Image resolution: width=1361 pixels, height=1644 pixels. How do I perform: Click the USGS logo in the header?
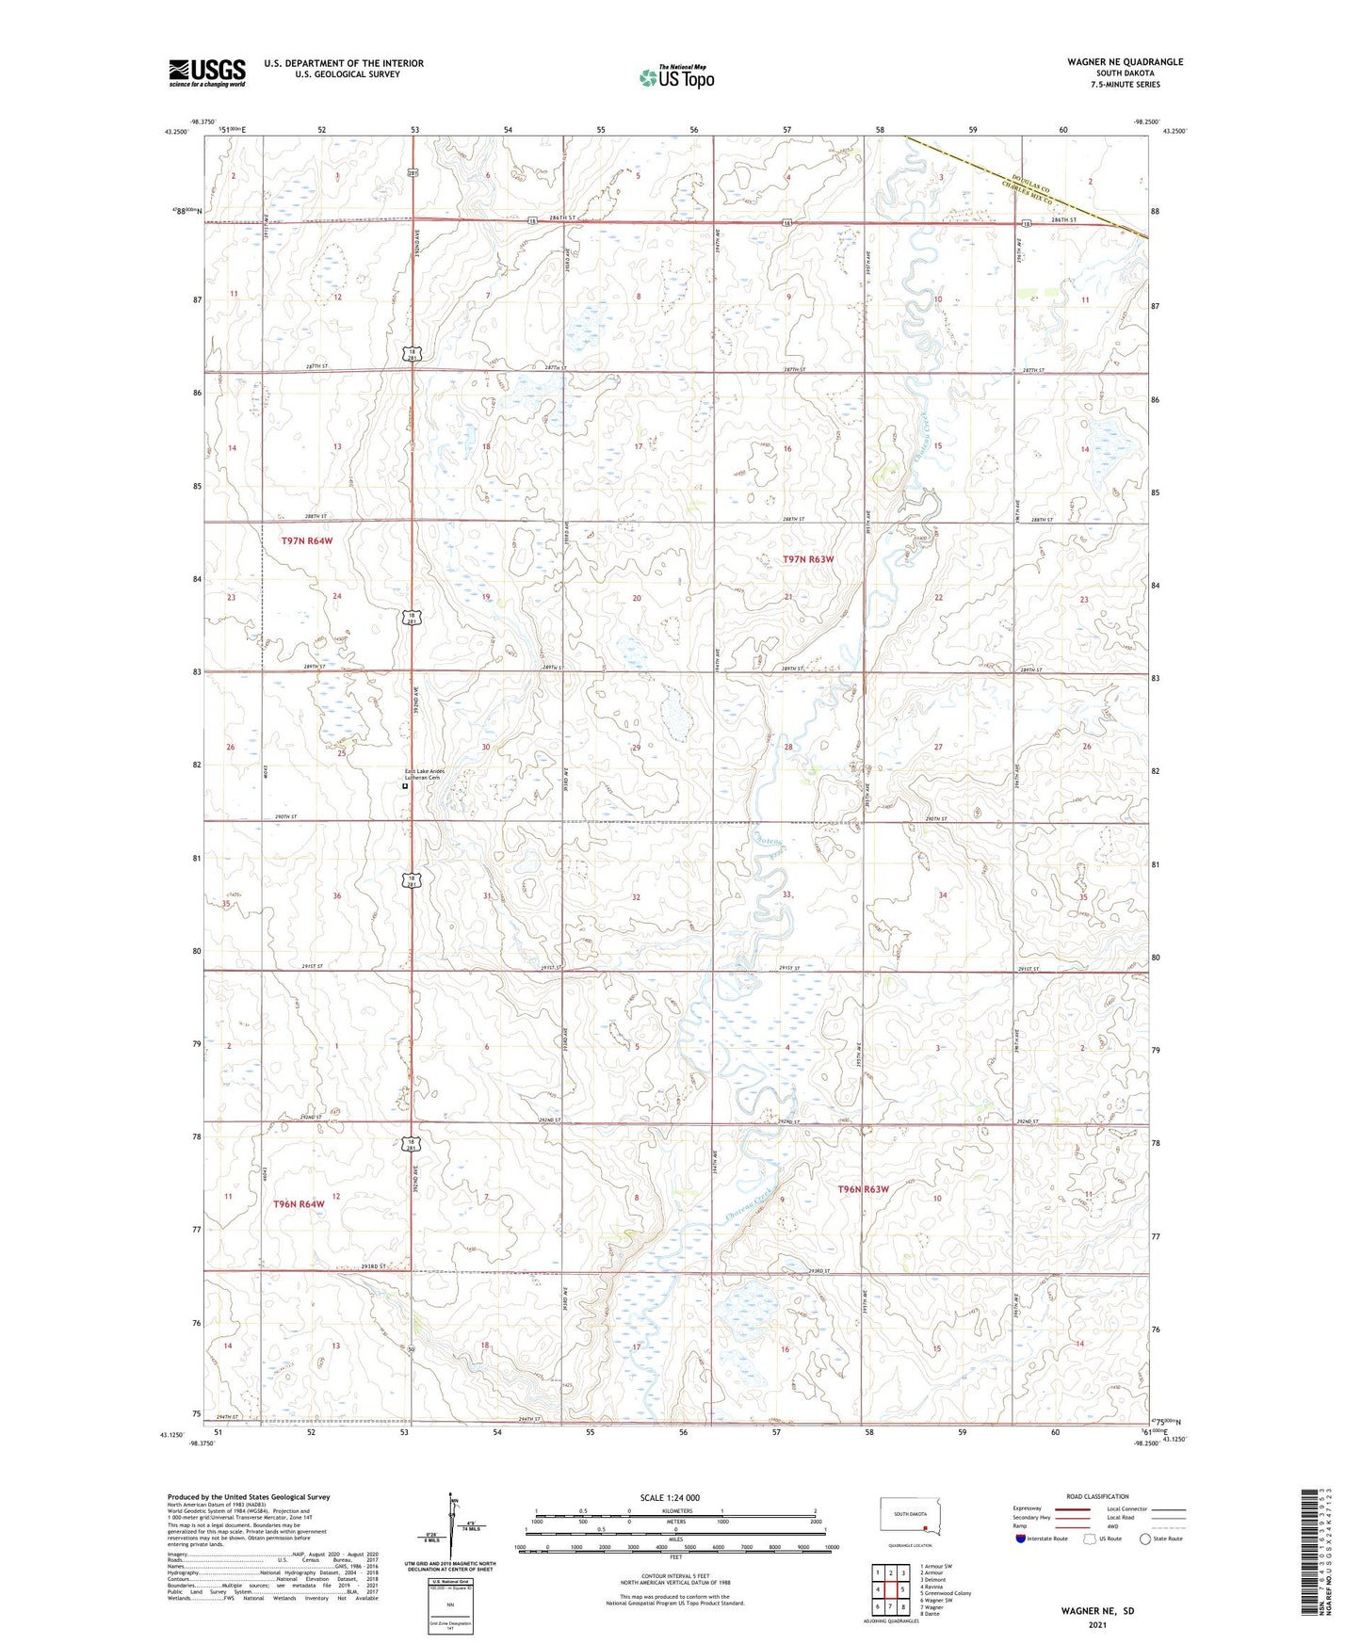[x=206, y=73]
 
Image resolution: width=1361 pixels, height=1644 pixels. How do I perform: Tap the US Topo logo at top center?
[x=675, y=77]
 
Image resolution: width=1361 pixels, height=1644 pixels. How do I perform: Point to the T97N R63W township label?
[x=808, y=559]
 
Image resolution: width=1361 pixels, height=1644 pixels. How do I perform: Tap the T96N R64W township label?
[x=299, y=1204]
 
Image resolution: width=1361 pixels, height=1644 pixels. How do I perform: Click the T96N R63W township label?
[x=863, y=1189]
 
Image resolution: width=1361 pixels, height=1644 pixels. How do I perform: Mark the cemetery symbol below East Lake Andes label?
[x=406, y=787]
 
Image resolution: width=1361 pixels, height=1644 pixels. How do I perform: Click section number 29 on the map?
[x=636, y=748]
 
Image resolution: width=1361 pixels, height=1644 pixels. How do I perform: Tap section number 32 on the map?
[x=636, y=897]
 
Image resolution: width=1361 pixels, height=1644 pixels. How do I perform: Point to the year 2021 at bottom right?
[x=1097, y=1624]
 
